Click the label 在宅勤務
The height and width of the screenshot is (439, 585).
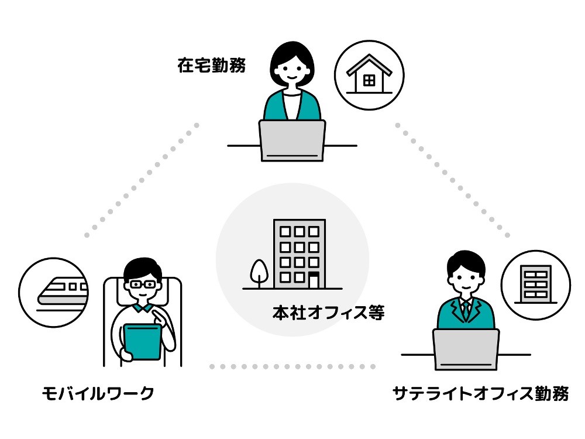(211, 65)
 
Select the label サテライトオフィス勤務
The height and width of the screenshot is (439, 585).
(480, 393)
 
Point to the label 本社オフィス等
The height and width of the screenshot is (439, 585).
(328, 313)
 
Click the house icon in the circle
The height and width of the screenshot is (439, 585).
(369, 76)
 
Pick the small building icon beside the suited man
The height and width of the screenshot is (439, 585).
(535, 284)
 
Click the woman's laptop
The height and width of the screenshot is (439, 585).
(292, 140)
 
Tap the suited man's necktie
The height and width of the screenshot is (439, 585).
(466, 309)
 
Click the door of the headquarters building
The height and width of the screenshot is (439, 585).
(314, 280)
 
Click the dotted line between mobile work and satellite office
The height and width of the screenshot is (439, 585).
(292, 367)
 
